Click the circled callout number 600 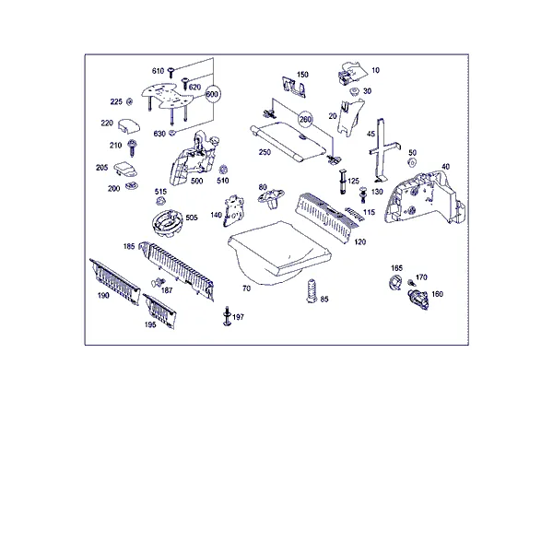click(x=212, y=94)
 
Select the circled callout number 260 click(x=305, y=119)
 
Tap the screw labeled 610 click(x=171, y=72)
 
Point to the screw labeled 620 click(x=185, y=84)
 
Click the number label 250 click(x=265, y=152)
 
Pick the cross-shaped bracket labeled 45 click(x=383, y=150)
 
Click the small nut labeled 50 click(x=412, y=162)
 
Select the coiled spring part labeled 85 click(x=312, y=291)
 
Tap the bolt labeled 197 click(x=227, y=316)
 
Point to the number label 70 click(x=246, y=288)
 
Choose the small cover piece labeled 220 click(x=129, y=126)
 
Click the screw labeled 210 click(x=133, y=147)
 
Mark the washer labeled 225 click(x=130, y=102)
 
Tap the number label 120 click(x=359, y=241)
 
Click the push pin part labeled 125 click(x=343, y=182)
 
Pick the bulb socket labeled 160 click(x=418, y=299)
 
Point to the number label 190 click(x=103, y=296)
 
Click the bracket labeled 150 click(x=294, y=87)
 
